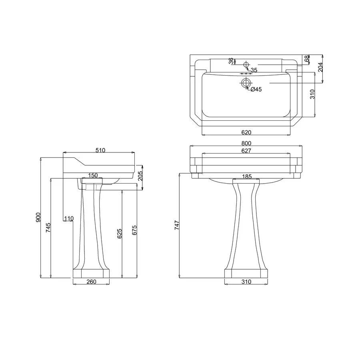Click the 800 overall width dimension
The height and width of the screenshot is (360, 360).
246,143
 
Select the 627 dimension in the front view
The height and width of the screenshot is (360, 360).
246,151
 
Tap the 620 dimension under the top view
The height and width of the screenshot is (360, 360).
246,132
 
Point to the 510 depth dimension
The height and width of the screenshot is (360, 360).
100,150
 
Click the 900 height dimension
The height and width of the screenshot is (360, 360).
38,217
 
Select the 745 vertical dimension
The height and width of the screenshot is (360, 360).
48,228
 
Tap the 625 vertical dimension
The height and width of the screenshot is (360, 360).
119,234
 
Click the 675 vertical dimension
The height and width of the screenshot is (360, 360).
135,230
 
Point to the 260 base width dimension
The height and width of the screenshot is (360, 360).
91,282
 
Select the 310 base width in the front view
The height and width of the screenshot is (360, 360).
246,282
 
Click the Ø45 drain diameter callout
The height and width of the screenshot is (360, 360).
256,90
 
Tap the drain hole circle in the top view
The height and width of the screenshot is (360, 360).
246,83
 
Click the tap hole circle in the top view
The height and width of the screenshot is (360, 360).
246,64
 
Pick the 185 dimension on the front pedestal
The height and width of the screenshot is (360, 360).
247,176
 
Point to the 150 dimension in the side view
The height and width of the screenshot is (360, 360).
93,175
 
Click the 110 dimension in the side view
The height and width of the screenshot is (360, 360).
69,218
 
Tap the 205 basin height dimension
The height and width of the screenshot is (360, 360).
140,176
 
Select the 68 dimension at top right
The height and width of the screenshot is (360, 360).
307,59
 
